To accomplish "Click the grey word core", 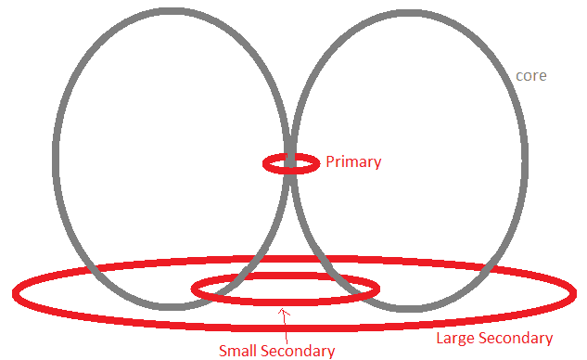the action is coord(530,76).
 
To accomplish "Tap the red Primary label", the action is coord(353,162).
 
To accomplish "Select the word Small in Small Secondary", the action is coord(238,351).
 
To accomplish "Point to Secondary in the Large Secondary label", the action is coord(516,339).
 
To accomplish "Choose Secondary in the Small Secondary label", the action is coord(298,352).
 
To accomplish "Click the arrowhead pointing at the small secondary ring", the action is coord(284,312).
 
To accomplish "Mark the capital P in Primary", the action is coord(330,161).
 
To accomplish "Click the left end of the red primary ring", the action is coord(264,163).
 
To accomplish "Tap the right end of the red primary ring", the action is coord(318,163).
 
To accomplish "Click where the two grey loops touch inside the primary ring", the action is coord(290,163).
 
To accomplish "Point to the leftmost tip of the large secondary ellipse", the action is coord(15,294).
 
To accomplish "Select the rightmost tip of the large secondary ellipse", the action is coord(574,293).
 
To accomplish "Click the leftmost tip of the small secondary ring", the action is coord(193,289).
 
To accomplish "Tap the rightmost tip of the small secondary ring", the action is coord(377,289).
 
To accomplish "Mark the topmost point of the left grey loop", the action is coord(173,11).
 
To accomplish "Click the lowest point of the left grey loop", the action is coord(172,307).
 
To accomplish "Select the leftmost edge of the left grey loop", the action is coord(56,158).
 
